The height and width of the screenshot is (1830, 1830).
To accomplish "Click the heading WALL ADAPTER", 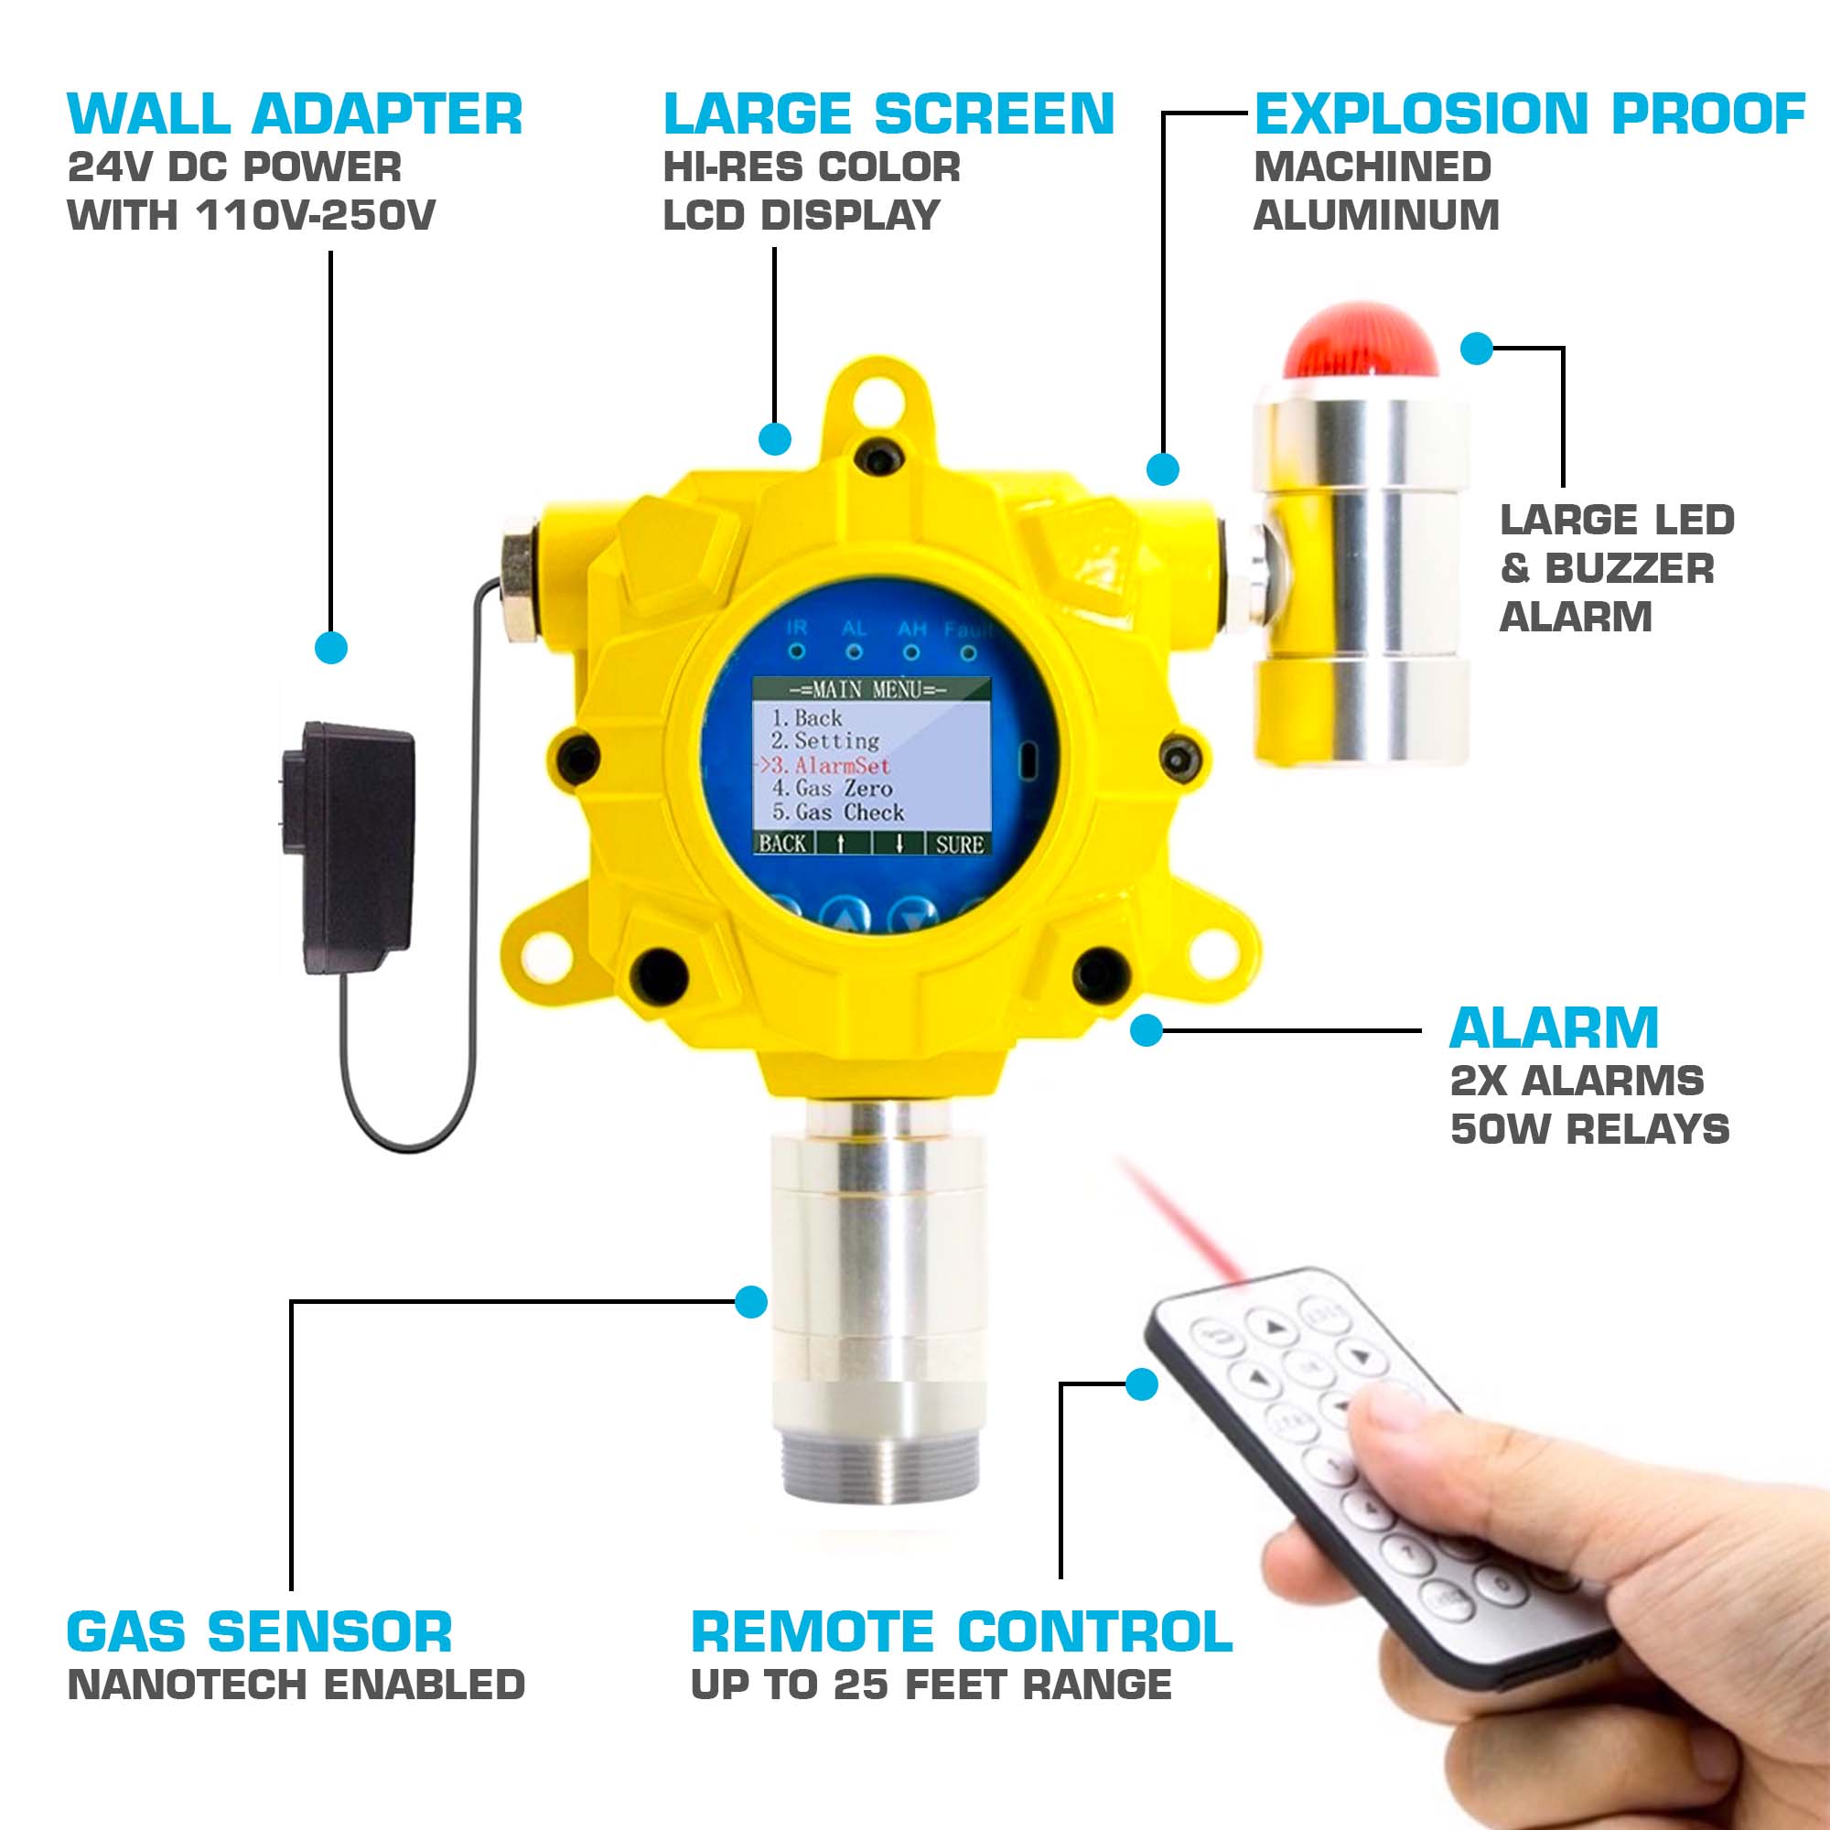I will point(295,114).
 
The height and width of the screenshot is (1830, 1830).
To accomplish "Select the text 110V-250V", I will point(316,216).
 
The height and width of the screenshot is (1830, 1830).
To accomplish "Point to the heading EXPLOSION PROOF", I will point(1529,114).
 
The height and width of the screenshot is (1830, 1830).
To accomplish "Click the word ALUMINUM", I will point(1376,216).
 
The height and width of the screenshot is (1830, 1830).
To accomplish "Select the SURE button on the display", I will point(959,844).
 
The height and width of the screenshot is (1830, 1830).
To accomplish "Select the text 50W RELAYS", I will point(1589,1130).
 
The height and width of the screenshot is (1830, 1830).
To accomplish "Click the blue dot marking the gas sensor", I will point(751,1301).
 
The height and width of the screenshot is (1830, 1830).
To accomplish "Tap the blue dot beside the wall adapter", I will point(330,648).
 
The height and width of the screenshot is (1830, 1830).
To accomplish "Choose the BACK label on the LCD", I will point(782,844).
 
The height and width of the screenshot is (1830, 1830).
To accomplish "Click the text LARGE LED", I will point(1617,520).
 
